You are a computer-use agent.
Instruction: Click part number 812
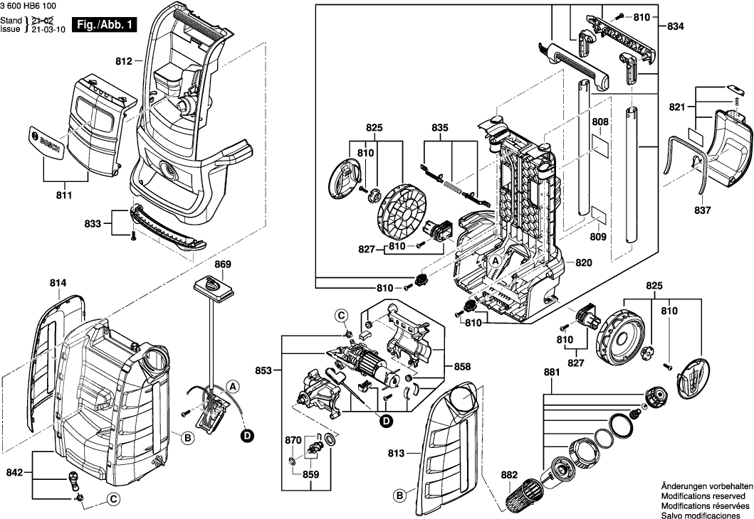tap(124, 63)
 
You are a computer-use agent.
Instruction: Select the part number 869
tap(223, 264)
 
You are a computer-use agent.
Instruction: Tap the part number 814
tap(58, 284)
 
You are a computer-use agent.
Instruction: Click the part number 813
tap(396, 454)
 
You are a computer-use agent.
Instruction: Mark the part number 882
tap(489, 475)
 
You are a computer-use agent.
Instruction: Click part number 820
tap(584, 263)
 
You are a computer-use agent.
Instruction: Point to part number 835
tap(440, 128)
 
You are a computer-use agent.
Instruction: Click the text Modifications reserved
tap(703, 495)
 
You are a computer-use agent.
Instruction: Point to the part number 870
tap(293, 441)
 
